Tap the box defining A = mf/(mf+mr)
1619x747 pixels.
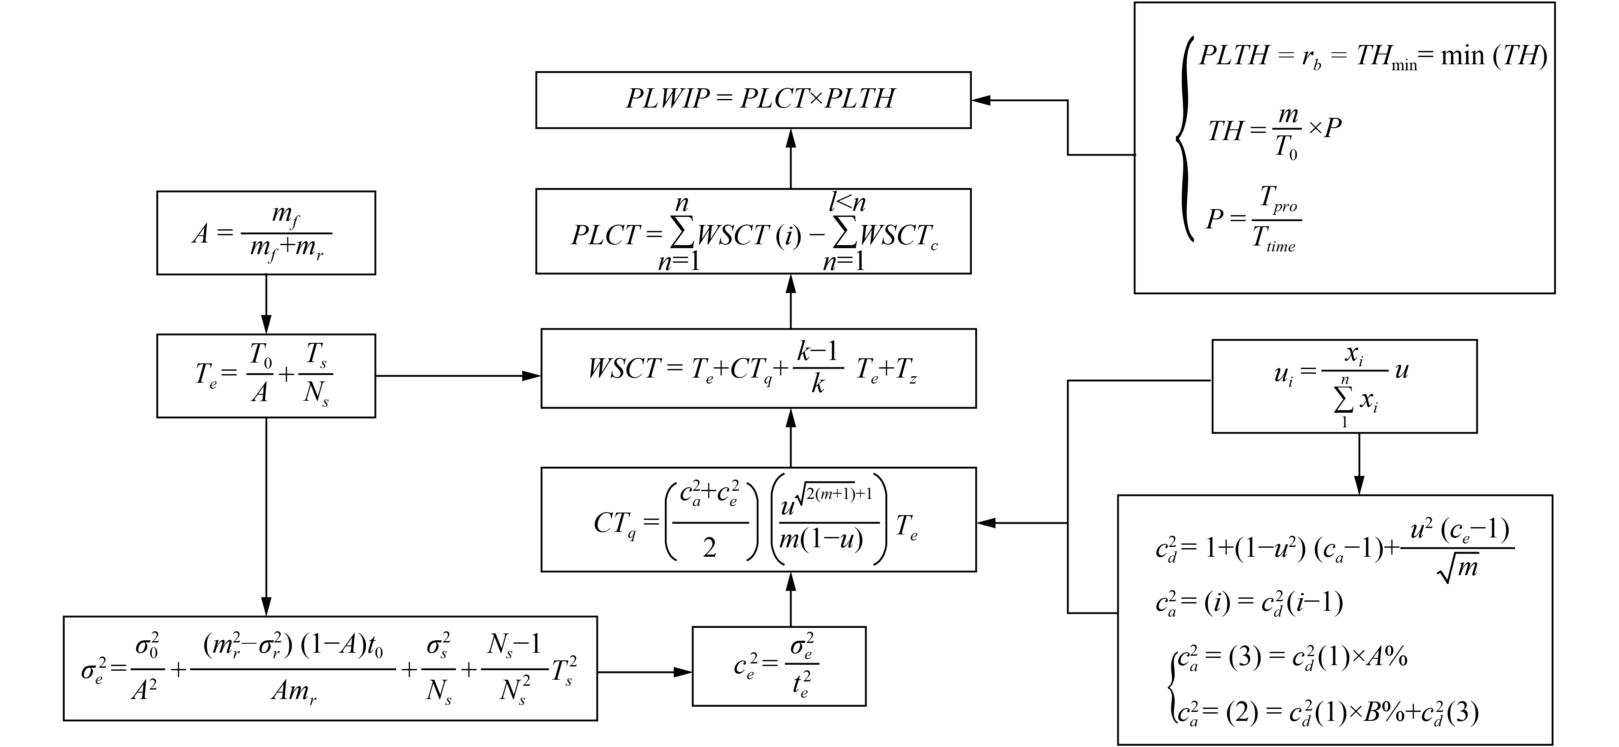(x=266, y=233)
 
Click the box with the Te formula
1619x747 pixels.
(x=266, y=375)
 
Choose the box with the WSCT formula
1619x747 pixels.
(x=758, y=369)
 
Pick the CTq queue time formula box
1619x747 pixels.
(x=758, y=519)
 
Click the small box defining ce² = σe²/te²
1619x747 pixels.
(x=779, y=666)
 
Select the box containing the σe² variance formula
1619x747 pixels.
(x=330, y=668)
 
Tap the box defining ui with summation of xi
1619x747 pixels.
(x=1344, y=386)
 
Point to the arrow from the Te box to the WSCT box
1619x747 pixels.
(x=457, y=376)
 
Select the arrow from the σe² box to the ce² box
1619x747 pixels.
(x=644, y=672)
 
